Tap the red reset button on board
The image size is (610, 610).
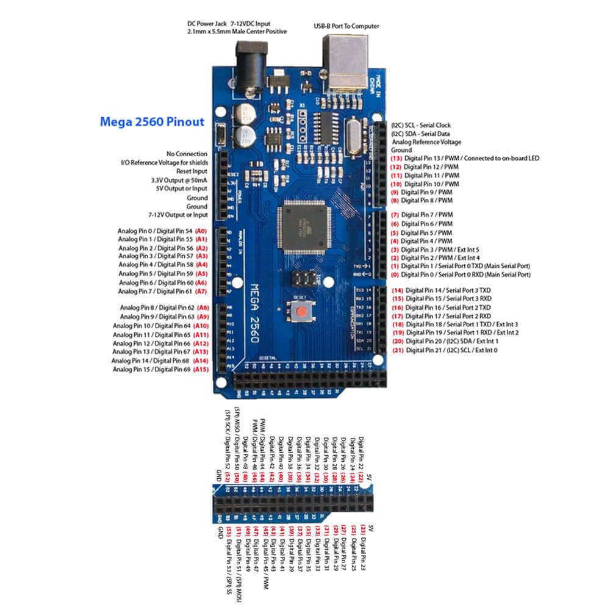coord(301,313)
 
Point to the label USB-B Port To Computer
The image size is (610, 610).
coord(346,26)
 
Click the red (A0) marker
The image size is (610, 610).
coord(201,232)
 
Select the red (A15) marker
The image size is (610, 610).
coord(201,369)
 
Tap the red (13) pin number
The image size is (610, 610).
coord(396,159)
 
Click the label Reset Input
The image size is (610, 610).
coord(192,172)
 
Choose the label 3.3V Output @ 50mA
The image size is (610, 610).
coord(179,181)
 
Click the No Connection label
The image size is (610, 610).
coord(186,154)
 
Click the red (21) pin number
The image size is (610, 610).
coord(397,351)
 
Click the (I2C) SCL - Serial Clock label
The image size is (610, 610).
coord(421,124)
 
